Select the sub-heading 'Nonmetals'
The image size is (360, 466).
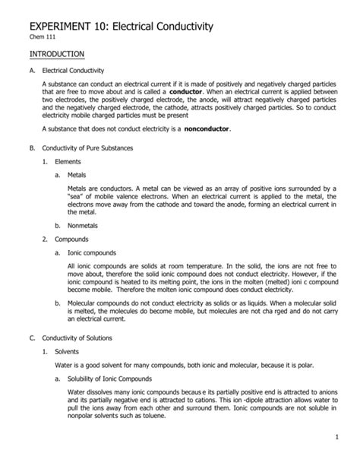pos(84,226)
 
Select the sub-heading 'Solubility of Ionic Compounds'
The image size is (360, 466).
pos(109,378)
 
